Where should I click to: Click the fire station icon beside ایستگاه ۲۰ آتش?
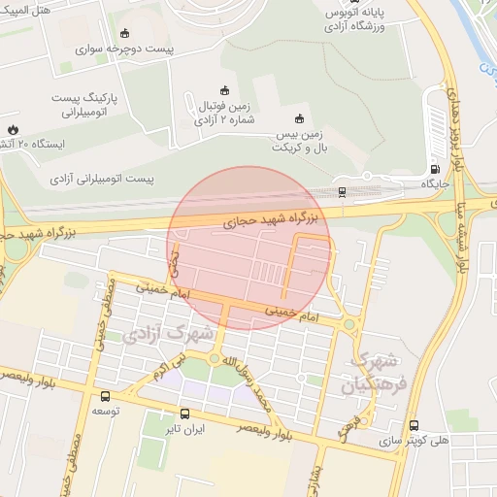pyautogui.click(x=13, y=128)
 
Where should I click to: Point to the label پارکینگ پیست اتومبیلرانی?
pyautogui.click(x=75, y=105)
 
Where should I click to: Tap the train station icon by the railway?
pyautogui.click(x=342, y=191)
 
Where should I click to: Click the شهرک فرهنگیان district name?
pyautogui.click(x=370, y=373)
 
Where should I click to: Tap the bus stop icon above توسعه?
pyautogui.click(x=105, y=396)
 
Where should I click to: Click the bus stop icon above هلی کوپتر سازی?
pyautogui.click(x=414, y=425)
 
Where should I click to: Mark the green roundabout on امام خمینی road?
pyautogui.click(x=348, y=325)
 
